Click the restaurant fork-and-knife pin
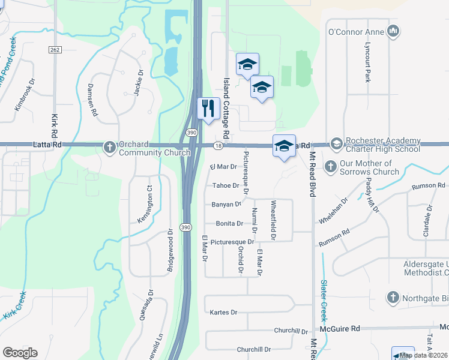pyautogui.click(x=208, y=109)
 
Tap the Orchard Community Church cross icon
pyautogui.click(x=109, y=146)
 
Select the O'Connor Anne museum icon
pyautogui.click(x=393, y=31)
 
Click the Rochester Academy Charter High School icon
pyautogui.click(x=336, y=143)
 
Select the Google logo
pyautogui.click(x=20, y=352)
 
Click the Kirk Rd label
pyautogui.click(x=55, y=128)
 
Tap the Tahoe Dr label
pyautogui.click(x=225, y=185)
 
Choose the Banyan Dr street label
pyautogui.click(x=226, y=204)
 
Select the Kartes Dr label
pyautogui.click(x=224, y=312)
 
